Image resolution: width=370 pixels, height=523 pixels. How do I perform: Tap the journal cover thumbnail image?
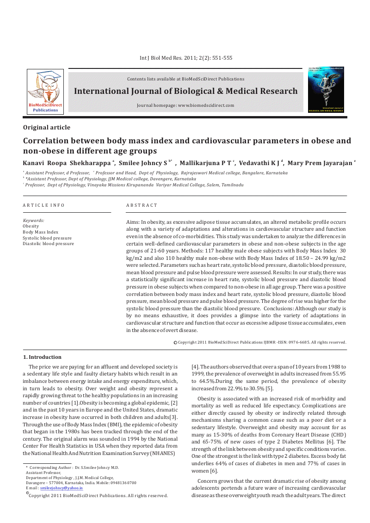326,90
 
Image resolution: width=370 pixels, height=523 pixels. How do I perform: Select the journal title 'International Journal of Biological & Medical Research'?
186,91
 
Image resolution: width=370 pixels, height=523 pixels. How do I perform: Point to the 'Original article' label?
47,128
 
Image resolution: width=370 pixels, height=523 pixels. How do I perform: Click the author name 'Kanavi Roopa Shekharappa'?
67,163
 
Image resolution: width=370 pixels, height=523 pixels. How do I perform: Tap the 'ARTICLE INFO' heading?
44,205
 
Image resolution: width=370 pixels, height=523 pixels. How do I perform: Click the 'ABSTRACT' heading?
142,205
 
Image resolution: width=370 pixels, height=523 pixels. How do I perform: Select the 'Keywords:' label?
34,221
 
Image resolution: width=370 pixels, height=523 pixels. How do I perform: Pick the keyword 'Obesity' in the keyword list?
31,227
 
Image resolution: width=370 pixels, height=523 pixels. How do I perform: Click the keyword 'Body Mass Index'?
41,232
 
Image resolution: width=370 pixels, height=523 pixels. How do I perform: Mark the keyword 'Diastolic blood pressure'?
48,244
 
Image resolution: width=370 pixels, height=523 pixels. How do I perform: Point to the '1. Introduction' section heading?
42,357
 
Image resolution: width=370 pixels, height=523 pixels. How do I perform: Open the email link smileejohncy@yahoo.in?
62,488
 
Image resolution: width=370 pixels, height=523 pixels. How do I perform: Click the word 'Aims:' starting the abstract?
133,222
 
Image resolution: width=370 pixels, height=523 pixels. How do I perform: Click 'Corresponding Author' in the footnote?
51,468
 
